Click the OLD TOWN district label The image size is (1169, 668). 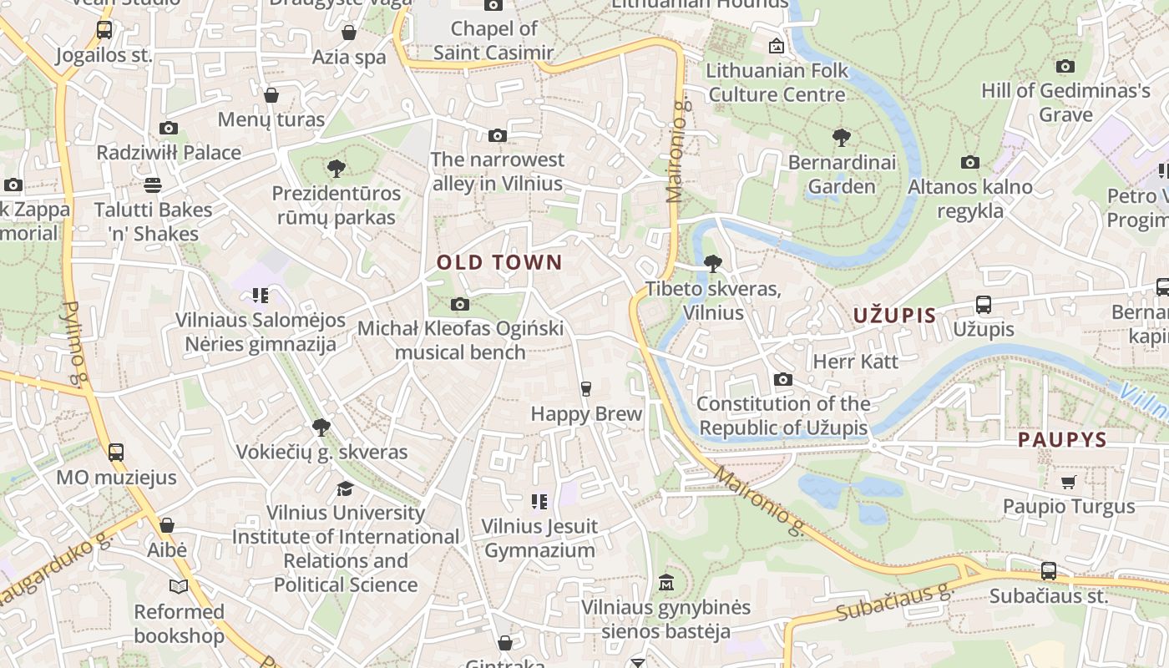tap(499, 262)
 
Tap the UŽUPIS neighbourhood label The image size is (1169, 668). tap(894, 316)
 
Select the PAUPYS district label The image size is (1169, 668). tap(1062, 440)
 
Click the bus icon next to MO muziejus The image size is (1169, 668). tap(116, 453)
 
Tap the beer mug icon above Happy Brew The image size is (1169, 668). tap(586, 388)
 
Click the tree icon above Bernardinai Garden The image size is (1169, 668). tap(841, 138)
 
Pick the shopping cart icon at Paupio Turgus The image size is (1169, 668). tap(1068, 482)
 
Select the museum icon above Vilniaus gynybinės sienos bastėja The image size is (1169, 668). tap(665, 582)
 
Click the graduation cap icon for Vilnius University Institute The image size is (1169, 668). tap(345, 488)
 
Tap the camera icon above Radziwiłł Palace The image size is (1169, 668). tap(169, 128)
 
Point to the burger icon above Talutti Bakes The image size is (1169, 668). tap(152, 185)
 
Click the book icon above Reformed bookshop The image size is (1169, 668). tap(179, 586)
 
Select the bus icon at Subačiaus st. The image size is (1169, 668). tap(1048, 572)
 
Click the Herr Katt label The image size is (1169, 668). tap(855, 362)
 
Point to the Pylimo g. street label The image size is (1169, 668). tap(75, 345)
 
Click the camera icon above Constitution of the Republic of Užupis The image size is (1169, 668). tap(782, 380)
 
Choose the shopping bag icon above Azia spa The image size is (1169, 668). tap(349, 33)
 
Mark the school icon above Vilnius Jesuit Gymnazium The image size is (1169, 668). tap(539, 502)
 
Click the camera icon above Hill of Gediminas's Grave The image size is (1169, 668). tap(1065, 66)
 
